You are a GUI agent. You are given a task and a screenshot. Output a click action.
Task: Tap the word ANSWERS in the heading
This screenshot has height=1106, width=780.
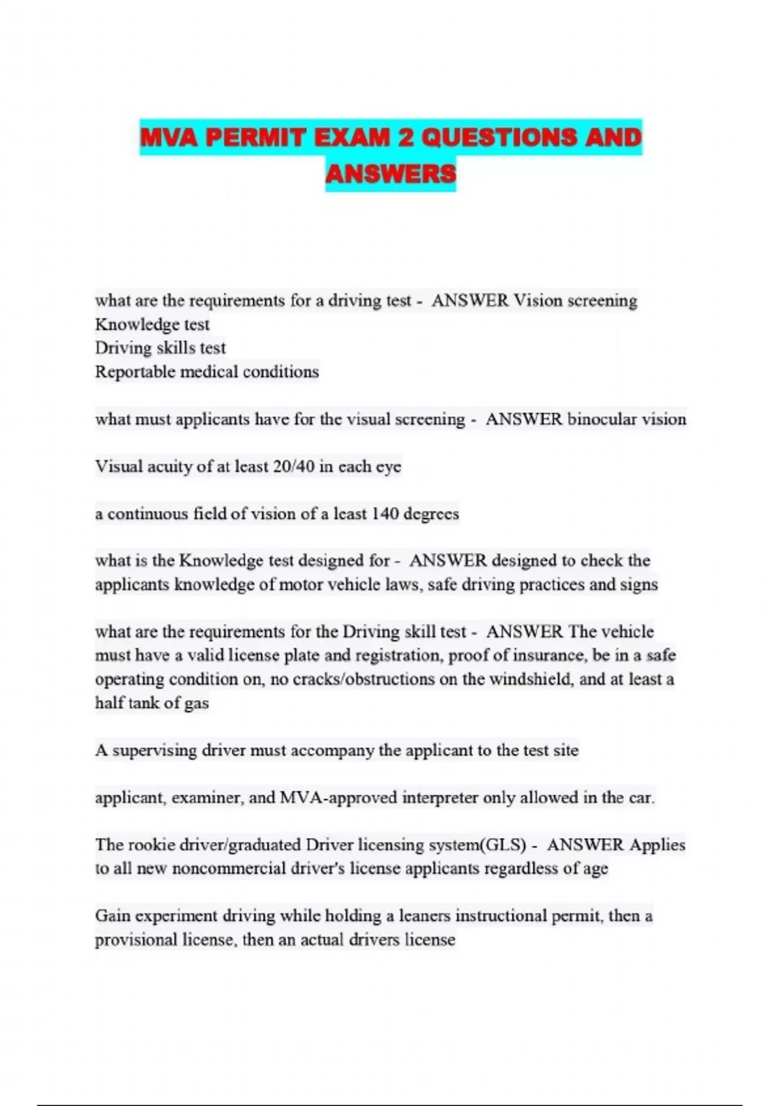tap(391, 174)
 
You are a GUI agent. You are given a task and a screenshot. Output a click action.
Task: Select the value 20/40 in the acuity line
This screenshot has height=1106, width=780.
tap(294, 466)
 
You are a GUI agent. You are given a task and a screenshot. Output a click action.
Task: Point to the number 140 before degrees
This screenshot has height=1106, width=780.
tap(385, 514)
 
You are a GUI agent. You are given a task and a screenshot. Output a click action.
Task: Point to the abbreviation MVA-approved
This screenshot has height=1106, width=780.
tap(338, 798)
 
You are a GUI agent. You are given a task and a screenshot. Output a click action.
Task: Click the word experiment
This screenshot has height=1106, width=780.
tap(175, 916)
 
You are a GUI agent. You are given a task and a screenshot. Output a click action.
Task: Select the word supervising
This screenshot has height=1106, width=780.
tap(155, 751)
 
